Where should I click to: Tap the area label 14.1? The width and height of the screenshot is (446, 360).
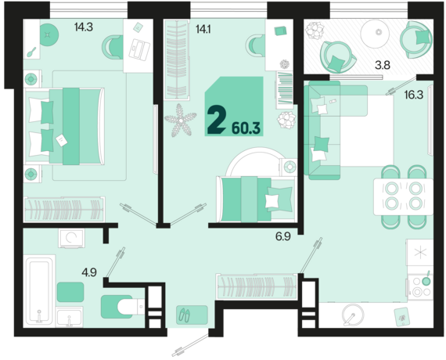click(203, 31)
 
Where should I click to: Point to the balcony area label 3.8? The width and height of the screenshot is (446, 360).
click(383, 65)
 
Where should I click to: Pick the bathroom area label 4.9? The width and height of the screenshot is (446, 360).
click(89, 272)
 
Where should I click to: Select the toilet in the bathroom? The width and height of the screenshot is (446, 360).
click(120, 306)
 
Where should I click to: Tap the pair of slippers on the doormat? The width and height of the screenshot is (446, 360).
click(186, 314)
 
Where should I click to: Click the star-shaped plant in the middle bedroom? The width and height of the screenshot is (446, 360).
click(184, 121)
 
